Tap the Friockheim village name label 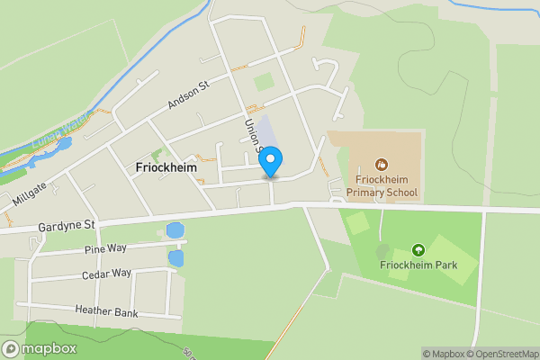click(x=166, y=167)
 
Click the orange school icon click(x=382, y=165)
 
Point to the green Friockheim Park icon click(x=418, y=249)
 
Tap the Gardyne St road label click(x=67, y=225)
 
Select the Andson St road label click(x=188, y=94)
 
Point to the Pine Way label click(x=107, y=248)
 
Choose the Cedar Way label click(x=107, y=274)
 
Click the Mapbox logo click(x=39, y=348)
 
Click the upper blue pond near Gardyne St click(x=175, y=231)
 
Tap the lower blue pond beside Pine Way click(x=175, y=258)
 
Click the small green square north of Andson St click(x=264, y=83)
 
